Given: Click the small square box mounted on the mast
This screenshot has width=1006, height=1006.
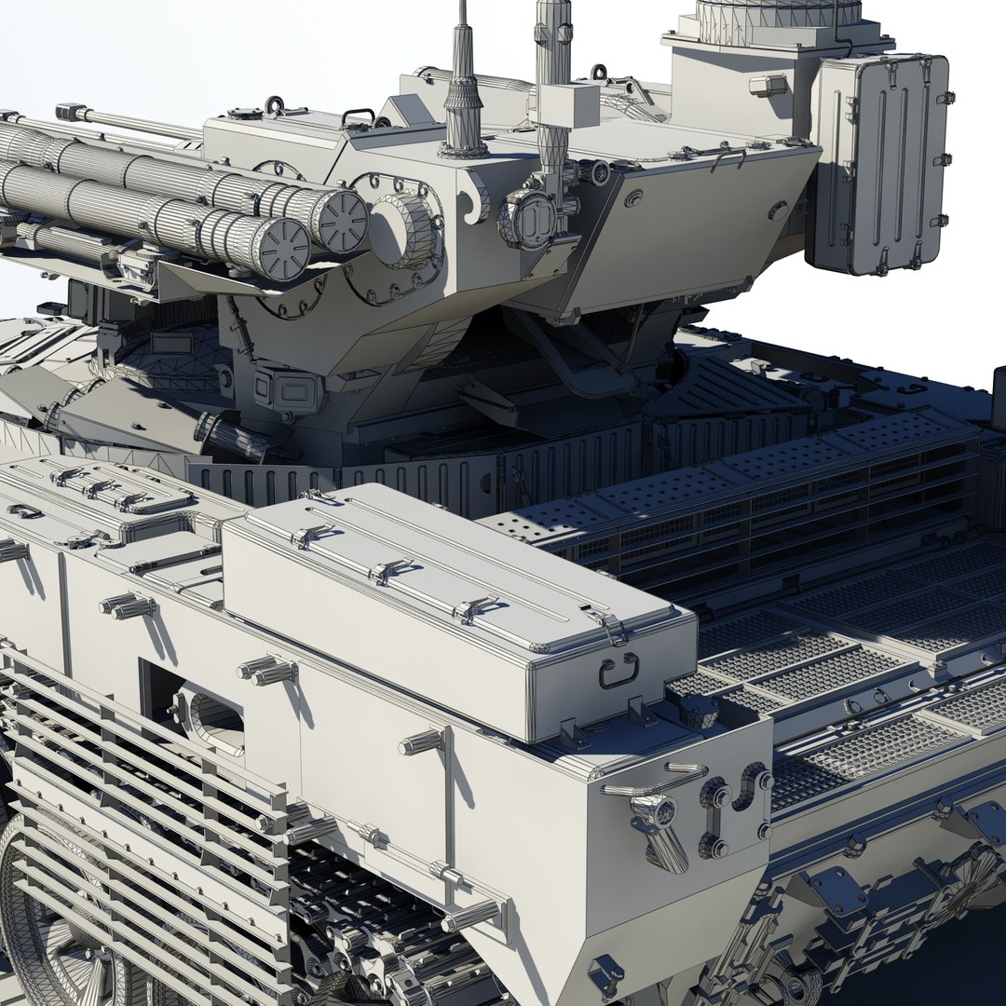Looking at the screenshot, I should [x=567, y=104].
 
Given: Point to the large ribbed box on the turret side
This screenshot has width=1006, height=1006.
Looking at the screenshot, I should [x=880, y=163].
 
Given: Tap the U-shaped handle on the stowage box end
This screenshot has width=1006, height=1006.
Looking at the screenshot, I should [x=619, y=669].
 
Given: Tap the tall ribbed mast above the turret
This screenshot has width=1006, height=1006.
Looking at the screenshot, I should [x=552, y=56].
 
